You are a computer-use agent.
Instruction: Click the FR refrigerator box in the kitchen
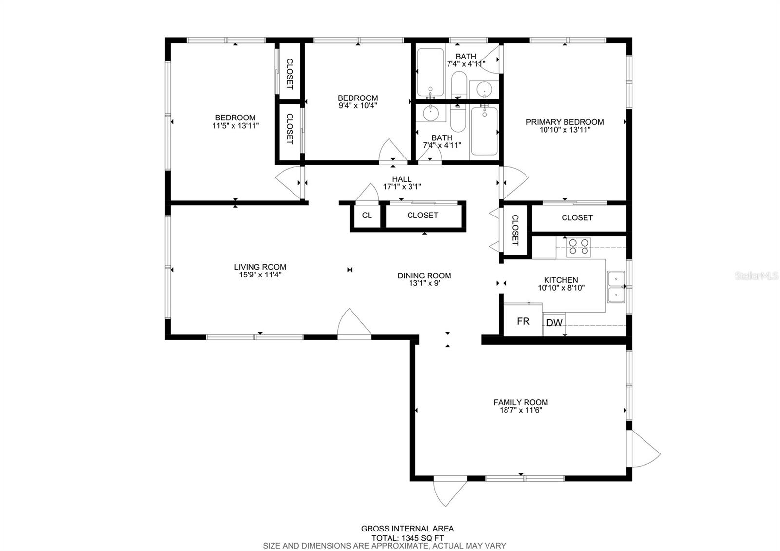(523, 321)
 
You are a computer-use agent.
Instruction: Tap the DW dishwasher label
(554, 323)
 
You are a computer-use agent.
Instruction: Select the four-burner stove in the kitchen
(579, 247)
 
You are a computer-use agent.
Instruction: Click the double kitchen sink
(616, 287)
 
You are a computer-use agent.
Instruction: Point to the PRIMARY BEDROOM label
(565, 122)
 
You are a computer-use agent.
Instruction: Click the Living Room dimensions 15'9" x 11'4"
(260, 275)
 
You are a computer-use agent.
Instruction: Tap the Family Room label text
(521, 402)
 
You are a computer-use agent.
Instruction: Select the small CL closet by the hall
(367, 215)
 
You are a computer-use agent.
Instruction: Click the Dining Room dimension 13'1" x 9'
(424, 283)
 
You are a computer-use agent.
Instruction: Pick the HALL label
(402, 179)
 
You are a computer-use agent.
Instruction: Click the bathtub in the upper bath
(430, 72)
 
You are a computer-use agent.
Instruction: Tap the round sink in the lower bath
(431, 114)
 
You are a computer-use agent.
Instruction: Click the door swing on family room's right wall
(644, 448)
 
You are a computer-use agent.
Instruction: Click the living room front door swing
(353, 323)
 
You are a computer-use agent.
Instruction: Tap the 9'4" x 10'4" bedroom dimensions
(358, 105)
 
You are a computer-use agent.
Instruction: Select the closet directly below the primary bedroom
(577, 218)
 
